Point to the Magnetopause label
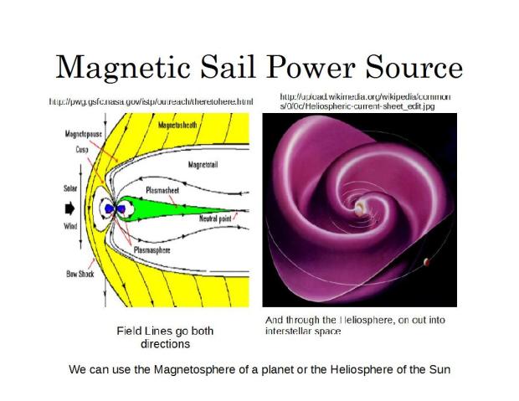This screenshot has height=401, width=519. (x=83, y=134)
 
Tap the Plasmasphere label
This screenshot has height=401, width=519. (x=152, y=248)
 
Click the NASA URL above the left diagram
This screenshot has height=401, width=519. (x=151, y=101)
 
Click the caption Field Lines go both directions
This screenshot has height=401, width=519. (x=165, y=337)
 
